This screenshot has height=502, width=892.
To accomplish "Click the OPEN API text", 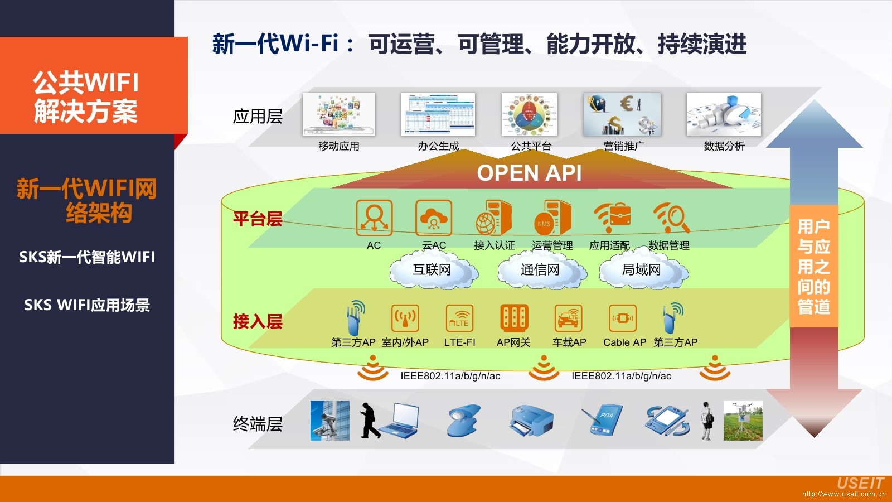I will click(529, 173).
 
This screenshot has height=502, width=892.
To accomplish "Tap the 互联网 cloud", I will click(433, 270).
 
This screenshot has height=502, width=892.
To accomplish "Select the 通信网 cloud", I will click(540, 270).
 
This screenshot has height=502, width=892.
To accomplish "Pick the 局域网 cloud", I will click(642, 270).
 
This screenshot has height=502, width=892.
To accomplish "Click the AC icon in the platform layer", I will click(374, 218).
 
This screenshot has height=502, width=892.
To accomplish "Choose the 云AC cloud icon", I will click(434, 218).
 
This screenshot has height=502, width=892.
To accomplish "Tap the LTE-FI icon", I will click(460, 318).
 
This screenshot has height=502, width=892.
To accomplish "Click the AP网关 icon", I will click(514, 318).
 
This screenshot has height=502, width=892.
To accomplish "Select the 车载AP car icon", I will click(569, 318).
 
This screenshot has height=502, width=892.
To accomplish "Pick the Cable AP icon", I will click(623, 318).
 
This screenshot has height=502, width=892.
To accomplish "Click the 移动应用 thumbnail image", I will click(339, 114).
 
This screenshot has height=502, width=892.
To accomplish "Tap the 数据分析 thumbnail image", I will click(724, 114).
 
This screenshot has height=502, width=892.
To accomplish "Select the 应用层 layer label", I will click(258, 117).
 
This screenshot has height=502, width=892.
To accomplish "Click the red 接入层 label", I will click(258, 322).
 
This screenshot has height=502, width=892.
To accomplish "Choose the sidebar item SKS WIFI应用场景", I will click(87, 305).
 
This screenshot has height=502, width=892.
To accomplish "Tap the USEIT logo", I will click(860, 483).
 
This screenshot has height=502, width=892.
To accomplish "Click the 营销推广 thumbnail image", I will click(622, 114).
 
